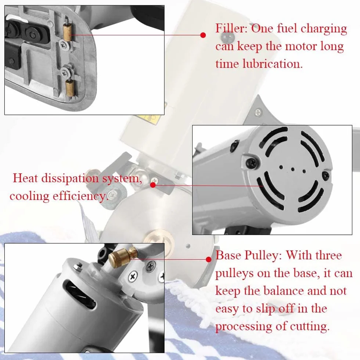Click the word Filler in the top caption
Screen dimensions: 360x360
[231, 29]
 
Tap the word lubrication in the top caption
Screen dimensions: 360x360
[273, 64]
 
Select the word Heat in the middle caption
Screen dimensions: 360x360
[25, 178]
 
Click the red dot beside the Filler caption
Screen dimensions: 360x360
[203, 35]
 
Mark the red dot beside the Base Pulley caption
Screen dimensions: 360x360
[209, 259]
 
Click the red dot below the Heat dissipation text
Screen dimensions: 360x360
[153, 185]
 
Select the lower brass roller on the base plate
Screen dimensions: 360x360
[70, 88]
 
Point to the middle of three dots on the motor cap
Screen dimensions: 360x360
[292, 170]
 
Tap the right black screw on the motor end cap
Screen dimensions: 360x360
[326, 176]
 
